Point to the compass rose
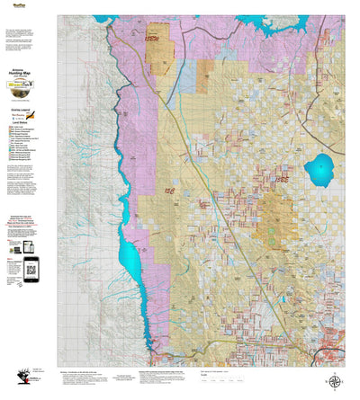(x=335, y=381)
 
